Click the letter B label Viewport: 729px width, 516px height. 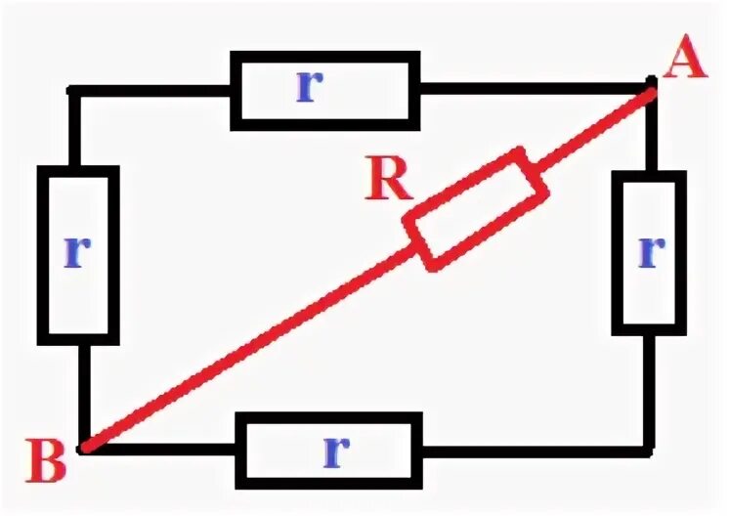click(x=46, y=462)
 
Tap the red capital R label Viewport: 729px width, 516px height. click(x=389, y=182)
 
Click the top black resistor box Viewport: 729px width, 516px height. click(x=324, y=89)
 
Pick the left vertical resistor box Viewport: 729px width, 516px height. click(x=78, y=254)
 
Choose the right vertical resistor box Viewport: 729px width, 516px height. click(x=647, y=252)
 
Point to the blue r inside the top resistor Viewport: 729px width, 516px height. click(x=309, y=87)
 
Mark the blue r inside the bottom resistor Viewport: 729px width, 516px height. click(x=335, y=451)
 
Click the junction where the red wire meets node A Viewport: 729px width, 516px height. click(x=652, y=91)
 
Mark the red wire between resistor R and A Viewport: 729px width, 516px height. click(x=596, y=127)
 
